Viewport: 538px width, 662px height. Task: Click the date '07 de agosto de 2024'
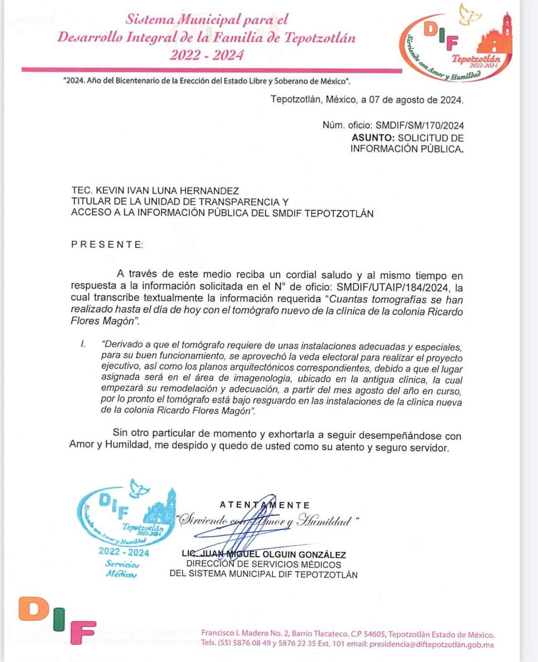416,100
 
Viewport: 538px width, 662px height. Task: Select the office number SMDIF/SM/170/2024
419,125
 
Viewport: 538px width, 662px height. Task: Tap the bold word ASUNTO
373,138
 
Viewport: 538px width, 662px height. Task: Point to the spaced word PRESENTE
107,244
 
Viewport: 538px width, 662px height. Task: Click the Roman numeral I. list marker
84,344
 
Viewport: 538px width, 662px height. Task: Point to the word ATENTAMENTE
265,505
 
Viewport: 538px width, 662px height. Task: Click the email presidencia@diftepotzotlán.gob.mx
431,644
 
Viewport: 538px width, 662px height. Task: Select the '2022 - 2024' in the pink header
207,54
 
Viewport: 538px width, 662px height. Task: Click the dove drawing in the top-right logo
470,15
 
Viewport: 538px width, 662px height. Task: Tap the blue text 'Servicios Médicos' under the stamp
122,569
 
